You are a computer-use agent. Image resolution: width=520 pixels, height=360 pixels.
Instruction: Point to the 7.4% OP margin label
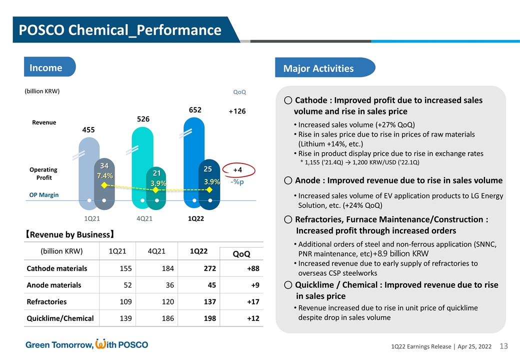pyautogui.click(x=104, y=175)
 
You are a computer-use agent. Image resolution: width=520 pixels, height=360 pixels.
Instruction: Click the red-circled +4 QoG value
pyautogui.click(x=237, y=170)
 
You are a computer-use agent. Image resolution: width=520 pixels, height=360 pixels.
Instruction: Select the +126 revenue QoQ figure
pyautogui.click(x=237, y=111)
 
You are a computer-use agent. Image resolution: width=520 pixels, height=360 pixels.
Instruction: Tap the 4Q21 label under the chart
pyautogui.click(x=144, y=218)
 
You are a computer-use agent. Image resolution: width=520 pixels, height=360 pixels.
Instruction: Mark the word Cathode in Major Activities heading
pyautogui.click(x=310, y=100)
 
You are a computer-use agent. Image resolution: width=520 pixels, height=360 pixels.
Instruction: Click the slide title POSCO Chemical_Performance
pyautogui.click(x=120, y=30)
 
